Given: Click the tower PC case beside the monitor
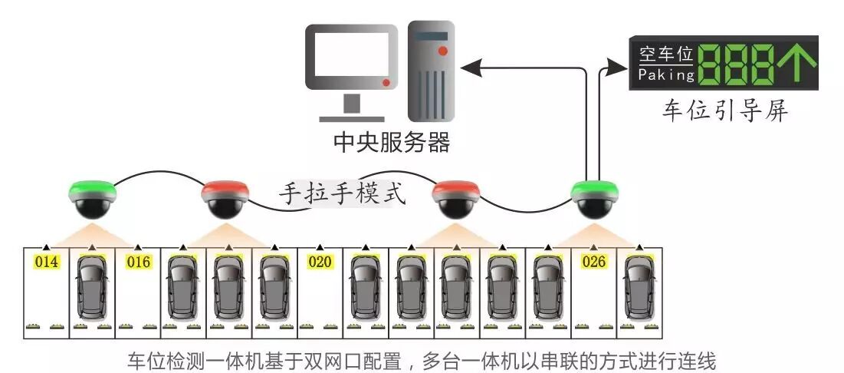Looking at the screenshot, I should coord(432,71).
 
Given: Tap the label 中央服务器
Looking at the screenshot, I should coord(391,142).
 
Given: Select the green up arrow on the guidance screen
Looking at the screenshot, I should coord(797,64).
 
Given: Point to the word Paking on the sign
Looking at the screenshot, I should coord(666,75).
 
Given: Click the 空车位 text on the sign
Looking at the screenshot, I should coord(666,54).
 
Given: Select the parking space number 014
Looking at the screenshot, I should coord(47,262).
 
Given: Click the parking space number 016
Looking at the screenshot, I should coord(139,262).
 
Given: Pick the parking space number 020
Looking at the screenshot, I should coord(320,262).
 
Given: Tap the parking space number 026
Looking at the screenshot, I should coord(594,262).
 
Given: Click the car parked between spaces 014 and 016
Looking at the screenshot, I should coord(93,287).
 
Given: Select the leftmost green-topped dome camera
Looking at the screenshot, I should coord(93,196).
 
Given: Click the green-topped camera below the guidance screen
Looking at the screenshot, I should coord(595,196).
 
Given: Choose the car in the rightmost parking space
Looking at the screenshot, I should coord(639,287).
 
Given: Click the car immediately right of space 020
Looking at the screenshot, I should coord(366,287).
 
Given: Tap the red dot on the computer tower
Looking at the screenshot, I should coord(443,51).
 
